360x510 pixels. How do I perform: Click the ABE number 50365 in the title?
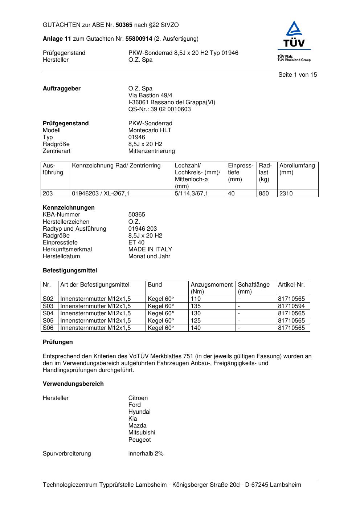click(124, 25)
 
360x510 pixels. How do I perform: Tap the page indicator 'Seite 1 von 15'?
click(298, 74)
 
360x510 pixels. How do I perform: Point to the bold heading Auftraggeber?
click(62, 88)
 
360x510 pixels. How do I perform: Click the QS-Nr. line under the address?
click(159, 109)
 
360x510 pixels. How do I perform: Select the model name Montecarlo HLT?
click(150, 130)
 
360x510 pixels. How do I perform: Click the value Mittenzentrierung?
click(151, 151)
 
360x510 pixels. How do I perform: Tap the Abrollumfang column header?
click(297, 169)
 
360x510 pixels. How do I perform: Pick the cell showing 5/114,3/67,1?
click(192, 193)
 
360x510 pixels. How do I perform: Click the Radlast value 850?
click(264, 193)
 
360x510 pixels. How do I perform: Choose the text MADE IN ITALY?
click(150, 249)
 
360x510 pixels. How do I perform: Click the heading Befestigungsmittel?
click(70, 270)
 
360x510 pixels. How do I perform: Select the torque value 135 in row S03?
click(196, 306)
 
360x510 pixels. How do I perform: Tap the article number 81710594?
click(291, 306)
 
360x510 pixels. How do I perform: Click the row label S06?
click(48, 328)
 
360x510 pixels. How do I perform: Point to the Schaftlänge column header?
click(254, 288)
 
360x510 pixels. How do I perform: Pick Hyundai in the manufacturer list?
click(139, 412)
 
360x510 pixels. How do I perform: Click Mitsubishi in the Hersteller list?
click(142, 432)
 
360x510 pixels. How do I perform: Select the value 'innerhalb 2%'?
click(146, 453)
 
